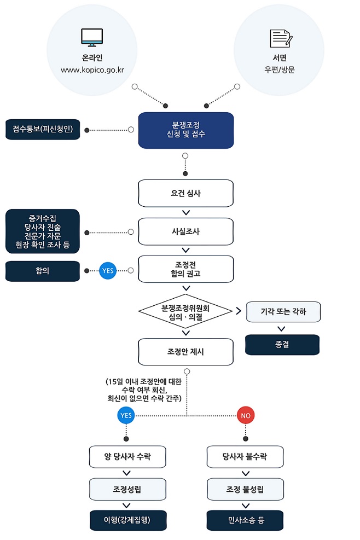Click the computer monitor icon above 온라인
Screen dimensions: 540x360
pos(92,37)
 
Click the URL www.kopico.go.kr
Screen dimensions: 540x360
pos(92,70)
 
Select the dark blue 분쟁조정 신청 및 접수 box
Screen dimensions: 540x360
pos(185,130)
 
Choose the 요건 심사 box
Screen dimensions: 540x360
pos(185,193)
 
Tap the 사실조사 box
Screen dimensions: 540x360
pos(185,231)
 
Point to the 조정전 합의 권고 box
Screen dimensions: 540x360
pos(185,269)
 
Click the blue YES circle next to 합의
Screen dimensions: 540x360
pos(108,270)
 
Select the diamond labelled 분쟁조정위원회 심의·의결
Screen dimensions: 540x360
pos(185,312)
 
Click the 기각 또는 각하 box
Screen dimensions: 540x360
pos(283,311)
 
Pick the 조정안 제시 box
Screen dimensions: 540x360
pos(185,351)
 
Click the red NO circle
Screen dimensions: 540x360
pos(246,416)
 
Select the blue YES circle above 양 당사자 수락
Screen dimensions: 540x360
pos(126,416)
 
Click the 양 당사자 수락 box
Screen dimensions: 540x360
pos(127,457)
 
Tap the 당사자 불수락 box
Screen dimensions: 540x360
pos(245,457)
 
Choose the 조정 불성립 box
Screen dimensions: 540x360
pos(245,489)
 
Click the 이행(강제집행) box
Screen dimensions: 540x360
pos(127,520)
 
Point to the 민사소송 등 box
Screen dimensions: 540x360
pos(245,520)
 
